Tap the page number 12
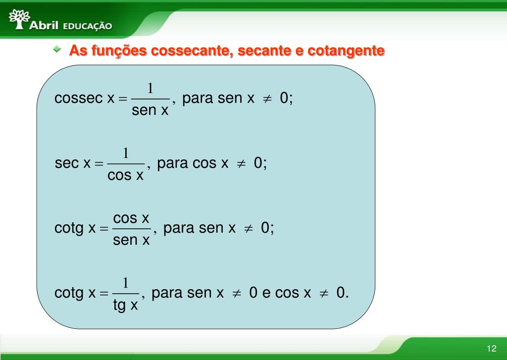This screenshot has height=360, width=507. [491, 347]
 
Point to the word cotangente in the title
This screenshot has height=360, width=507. [346, 51]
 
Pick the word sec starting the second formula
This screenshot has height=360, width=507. [67, 163]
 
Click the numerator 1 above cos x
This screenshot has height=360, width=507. [126, 153]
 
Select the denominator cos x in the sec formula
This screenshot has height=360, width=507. [126, 175]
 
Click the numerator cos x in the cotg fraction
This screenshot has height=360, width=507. [131, 218]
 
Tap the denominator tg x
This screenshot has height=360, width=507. [125, 306]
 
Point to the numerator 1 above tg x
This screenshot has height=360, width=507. [126, 283]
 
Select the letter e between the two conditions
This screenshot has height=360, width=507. [266, 293]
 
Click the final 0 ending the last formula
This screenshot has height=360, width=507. [341, 293]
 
